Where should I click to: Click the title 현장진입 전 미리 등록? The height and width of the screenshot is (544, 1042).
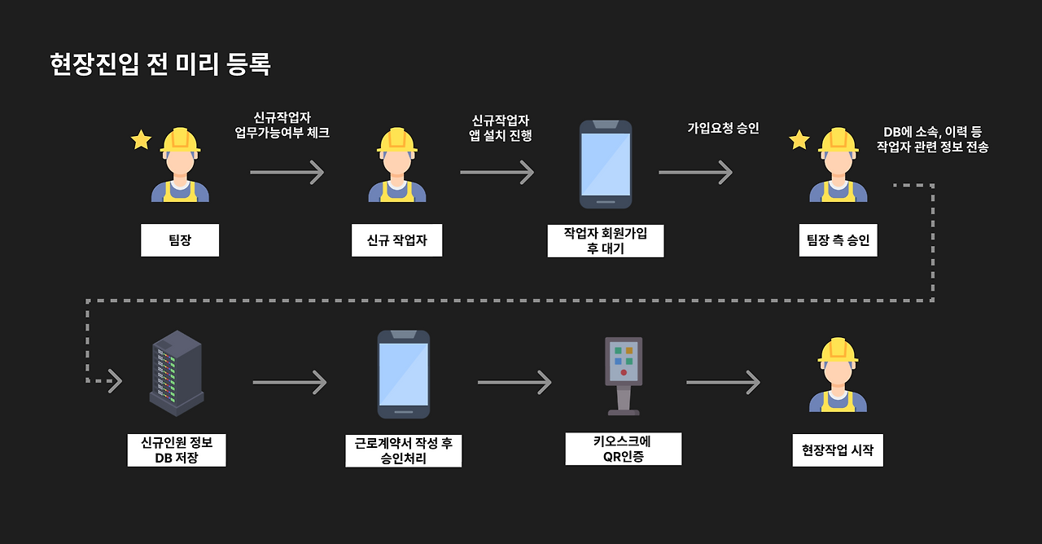tap(160, 64)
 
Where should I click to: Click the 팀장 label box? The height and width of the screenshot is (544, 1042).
tap(180, 240)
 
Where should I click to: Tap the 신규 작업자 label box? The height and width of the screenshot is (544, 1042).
tap(397, 240)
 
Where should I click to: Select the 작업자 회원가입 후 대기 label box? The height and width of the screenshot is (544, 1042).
tap(606, 241)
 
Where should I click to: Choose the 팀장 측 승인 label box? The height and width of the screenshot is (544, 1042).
tap(838, 240)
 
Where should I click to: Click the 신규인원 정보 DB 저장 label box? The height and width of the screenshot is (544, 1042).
tap(177, 450)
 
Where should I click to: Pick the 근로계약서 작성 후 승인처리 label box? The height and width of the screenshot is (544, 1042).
tap(404, 451)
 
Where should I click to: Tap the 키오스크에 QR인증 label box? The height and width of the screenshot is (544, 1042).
tap(624, 449)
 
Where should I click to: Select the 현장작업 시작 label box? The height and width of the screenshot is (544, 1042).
tap(837, 450)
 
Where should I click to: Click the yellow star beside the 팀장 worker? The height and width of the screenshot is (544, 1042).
tap(142, 140)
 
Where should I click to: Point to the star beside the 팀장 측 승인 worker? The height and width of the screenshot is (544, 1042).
tap(799, 140)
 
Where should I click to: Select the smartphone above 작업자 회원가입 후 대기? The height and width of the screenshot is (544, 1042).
tap(606, 164)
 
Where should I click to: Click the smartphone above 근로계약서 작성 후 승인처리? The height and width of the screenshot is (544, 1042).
tap(404, 374)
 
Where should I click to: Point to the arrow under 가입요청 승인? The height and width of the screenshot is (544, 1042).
tap(695, 172)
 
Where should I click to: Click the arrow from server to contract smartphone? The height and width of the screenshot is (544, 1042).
tap(289, 382)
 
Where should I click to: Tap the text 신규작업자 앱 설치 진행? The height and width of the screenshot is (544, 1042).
tap(501, 128)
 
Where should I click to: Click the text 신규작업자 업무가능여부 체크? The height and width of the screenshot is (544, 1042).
tap(282, 125)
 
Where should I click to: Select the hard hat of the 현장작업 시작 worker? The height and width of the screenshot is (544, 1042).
tap(838, 351)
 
